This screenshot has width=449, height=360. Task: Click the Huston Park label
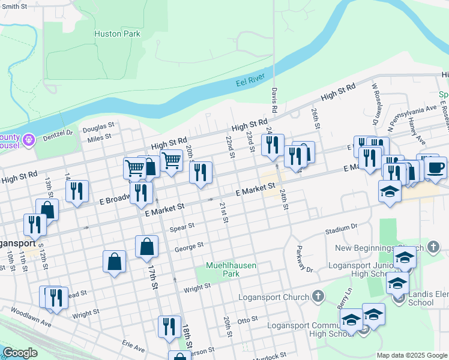pos(117,34)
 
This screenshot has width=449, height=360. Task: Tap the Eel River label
pos(250,81)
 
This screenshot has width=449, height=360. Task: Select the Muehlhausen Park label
pos(223,269)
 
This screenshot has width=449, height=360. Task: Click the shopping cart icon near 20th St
pos(172,160)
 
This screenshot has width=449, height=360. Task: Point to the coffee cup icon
pos(435,167)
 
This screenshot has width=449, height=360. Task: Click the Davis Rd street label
pos(274,101)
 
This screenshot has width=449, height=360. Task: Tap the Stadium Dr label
pos(341,229)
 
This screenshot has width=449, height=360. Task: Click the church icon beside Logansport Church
pos(318,296)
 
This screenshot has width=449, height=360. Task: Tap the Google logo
pos(20,353)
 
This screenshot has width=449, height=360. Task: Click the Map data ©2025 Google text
pos(412,355)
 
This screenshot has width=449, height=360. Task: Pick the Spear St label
pos(182,227)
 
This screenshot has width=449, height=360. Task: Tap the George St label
pos(189,246)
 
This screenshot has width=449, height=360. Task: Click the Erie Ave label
pos(133,347)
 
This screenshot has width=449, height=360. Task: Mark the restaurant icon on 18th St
pos(169,326)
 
